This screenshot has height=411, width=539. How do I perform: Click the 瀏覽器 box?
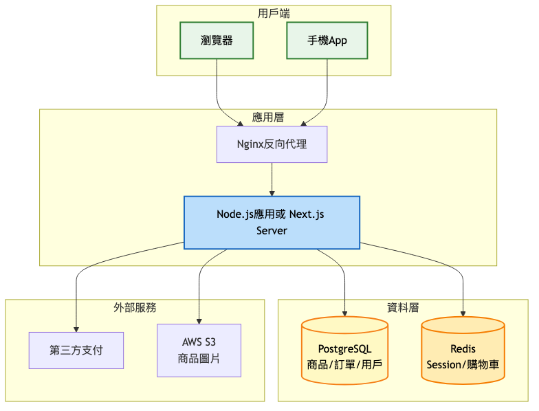[x=217, y=40]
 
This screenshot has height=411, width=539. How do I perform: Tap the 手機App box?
[x=327, y=40]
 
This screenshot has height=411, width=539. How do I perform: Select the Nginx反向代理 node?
[x=272, y=144]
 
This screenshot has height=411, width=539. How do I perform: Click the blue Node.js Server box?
[x=272, y=222]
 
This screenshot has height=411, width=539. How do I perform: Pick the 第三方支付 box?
[x=76, y=350]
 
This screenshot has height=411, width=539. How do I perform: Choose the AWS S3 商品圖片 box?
[x=199, y=350]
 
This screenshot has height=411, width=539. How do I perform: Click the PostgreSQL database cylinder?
[x=345, y=350]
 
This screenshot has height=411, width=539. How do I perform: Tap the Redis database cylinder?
[x=463, y=350]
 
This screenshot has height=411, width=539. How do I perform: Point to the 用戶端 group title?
[x=274, y=13]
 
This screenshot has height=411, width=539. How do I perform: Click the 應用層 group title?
[x=268, y=117]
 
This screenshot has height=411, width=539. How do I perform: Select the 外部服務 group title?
[x=135, y=307]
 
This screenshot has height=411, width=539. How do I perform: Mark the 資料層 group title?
[x=403, y=307]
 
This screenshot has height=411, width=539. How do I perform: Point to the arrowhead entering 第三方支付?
[x=76, y=329]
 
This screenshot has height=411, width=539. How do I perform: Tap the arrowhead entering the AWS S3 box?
[x=199, y=320]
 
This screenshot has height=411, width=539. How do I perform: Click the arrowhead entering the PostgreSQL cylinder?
[x=345, y=314]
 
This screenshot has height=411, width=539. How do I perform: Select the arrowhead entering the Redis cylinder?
[x=463, y=314]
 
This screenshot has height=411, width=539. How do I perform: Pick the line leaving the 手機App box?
[x=327, y=82]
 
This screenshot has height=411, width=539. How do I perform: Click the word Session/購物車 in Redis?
[x=463, y=364]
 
